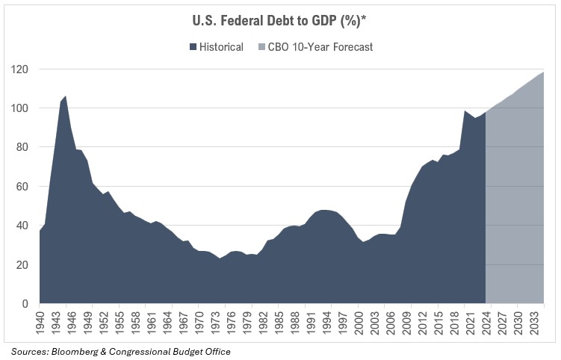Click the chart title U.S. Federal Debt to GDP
coord(280,21)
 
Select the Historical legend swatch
coord(194,47)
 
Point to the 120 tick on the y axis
coord(19,69)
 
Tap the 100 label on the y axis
coord(19,108)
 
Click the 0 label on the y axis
coord(24,304)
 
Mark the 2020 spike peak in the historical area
coord(465,111)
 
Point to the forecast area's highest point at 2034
coord(543,72)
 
